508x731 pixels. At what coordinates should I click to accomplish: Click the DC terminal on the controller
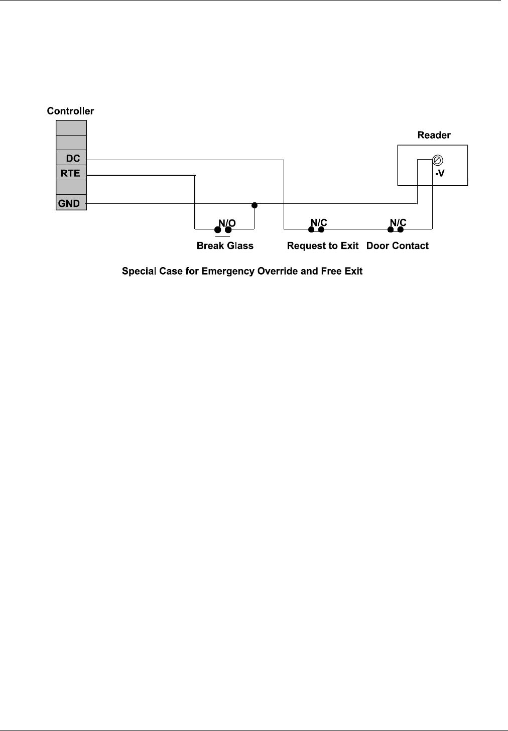71,159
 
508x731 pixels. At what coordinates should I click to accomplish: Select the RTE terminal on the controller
71,174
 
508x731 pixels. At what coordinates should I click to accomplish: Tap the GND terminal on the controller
71,204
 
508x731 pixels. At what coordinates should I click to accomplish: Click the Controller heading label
70,111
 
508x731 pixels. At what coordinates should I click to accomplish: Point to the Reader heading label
434,135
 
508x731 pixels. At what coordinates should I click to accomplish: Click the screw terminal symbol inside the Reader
437,160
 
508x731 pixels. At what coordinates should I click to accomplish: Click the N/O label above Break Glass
226,222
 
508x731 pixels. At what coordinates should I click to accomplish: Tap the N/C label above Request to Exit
319,222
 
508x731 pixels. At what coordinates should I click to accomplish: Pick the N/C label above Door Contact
398,222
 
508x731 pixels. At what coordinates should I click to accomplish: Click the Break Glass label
225,246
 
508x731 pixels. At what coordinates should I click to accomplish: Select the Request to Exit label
323,246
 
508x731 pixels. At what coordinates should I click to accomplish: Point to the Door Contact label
398,246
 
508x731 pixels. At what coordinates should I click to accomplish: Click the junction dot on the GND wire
255,205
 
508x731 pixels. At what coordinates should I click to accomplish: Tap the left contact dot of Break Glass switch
218,230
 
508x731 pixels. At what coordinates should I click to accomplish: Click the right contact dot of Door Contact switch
401,230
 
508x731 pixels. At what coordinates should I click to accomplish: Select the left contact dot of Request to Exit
311,230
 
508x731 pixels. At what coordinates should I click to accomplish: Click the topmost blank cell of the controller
71,128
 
